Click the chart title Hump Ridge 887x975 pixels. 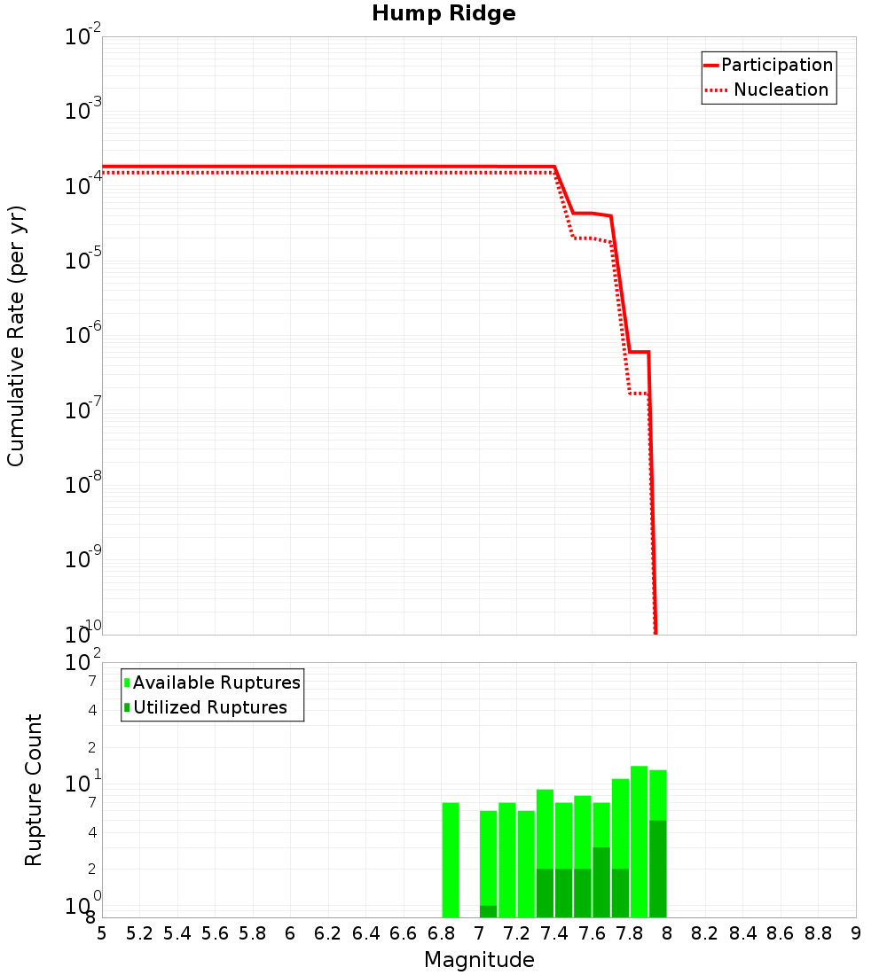point(443,14)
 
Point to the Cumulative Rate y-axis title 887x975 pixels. point(16,336)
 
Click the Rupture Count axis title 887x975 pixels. point(34,790)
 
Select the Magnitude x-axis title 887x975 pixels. point(479,960)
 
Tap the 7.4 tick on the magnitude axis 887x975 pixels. point(554,933)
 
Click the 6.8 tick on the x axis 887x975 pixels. point(441,933)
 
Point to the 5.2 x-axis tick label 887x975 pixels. point(139,933)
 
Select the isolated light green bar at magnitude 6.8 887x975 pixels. point(451,860)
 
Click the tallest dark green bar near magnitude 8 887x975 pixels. point(657,869)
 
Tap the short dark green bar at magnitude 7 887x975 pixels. point(488,911)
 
